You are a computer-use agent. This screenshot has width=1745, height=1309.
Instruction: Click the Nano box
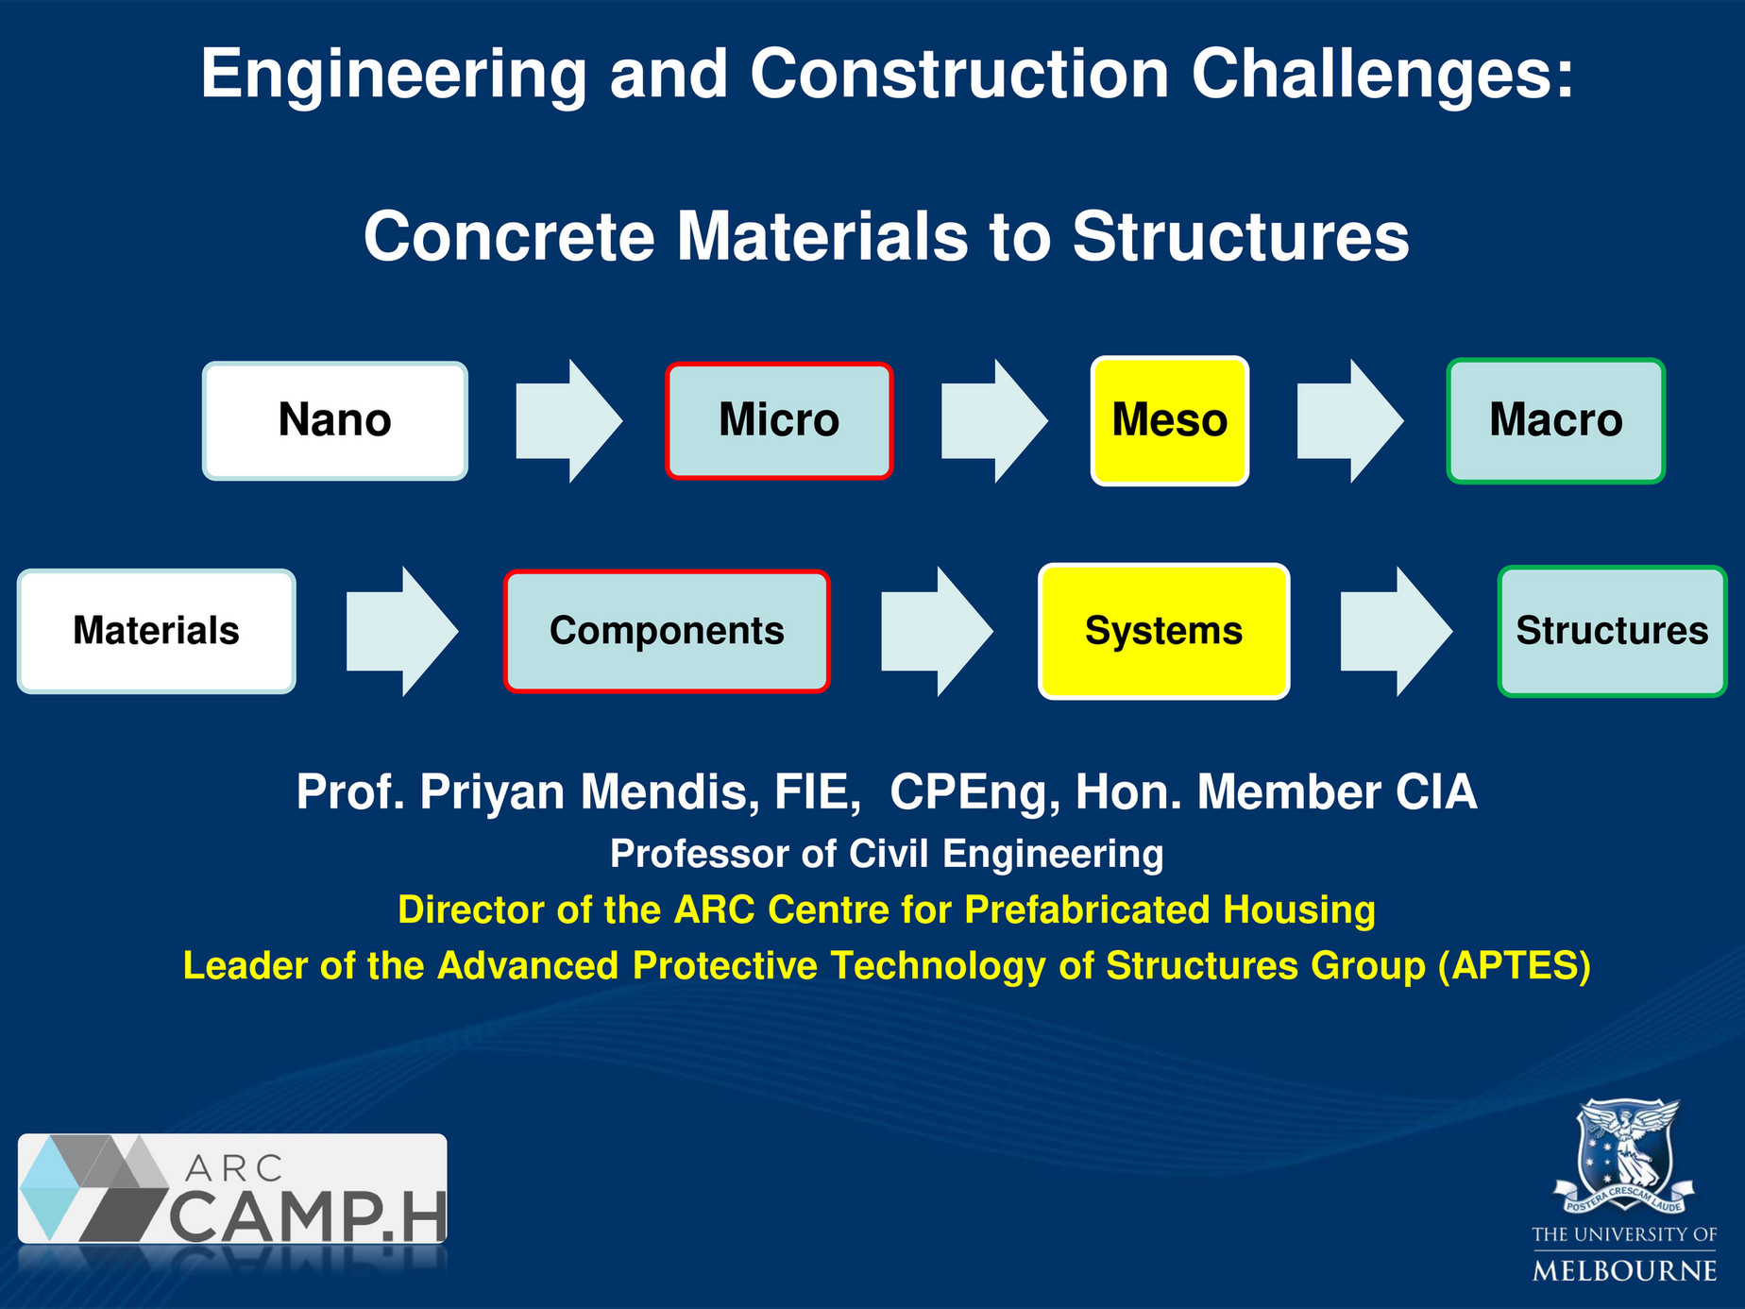[x=335, y=420]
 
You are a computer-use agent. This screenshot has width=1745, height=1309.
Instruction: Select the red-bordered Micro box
[x=779, y=420]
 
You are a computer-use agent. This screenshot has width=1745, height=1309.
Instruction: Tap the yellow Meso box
[x=1169, y=420]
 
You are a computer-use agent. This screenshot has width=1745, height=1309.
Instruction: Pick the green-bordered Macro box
[x=1555, y=420]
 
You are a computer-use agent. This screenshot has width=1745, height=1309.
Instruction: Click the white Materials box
[x=157, y=631]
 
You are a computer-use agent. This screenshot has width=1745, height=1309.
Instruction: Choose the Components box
[x=667, y=631]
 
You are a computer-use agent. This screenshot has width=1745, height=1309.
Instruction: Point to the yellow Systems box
[x=1163, y=631]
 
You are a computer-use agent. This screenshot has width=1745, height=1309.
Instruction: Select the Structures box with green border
[x=1612, y=631]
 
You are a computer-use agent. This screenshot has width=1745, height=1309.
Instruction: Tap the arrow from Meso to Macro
[x=1349, y=420]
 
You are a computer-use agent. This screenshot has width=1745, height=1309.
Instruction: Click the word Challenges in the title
[x=1382, y=74]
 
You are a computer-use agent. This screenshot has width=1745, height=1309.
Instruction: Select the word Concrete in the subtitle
[x=509, y=236]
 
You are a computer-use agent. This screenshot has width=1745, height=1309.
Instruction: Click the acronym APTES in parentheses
[x=1515, y=965]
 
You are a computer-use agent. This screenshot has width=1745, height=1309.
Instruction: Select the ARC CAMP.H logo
[x=232, y=1188]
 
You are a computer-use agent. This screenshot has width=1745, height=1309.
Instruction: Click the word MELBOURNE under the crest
[x=1624, y=1270]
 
